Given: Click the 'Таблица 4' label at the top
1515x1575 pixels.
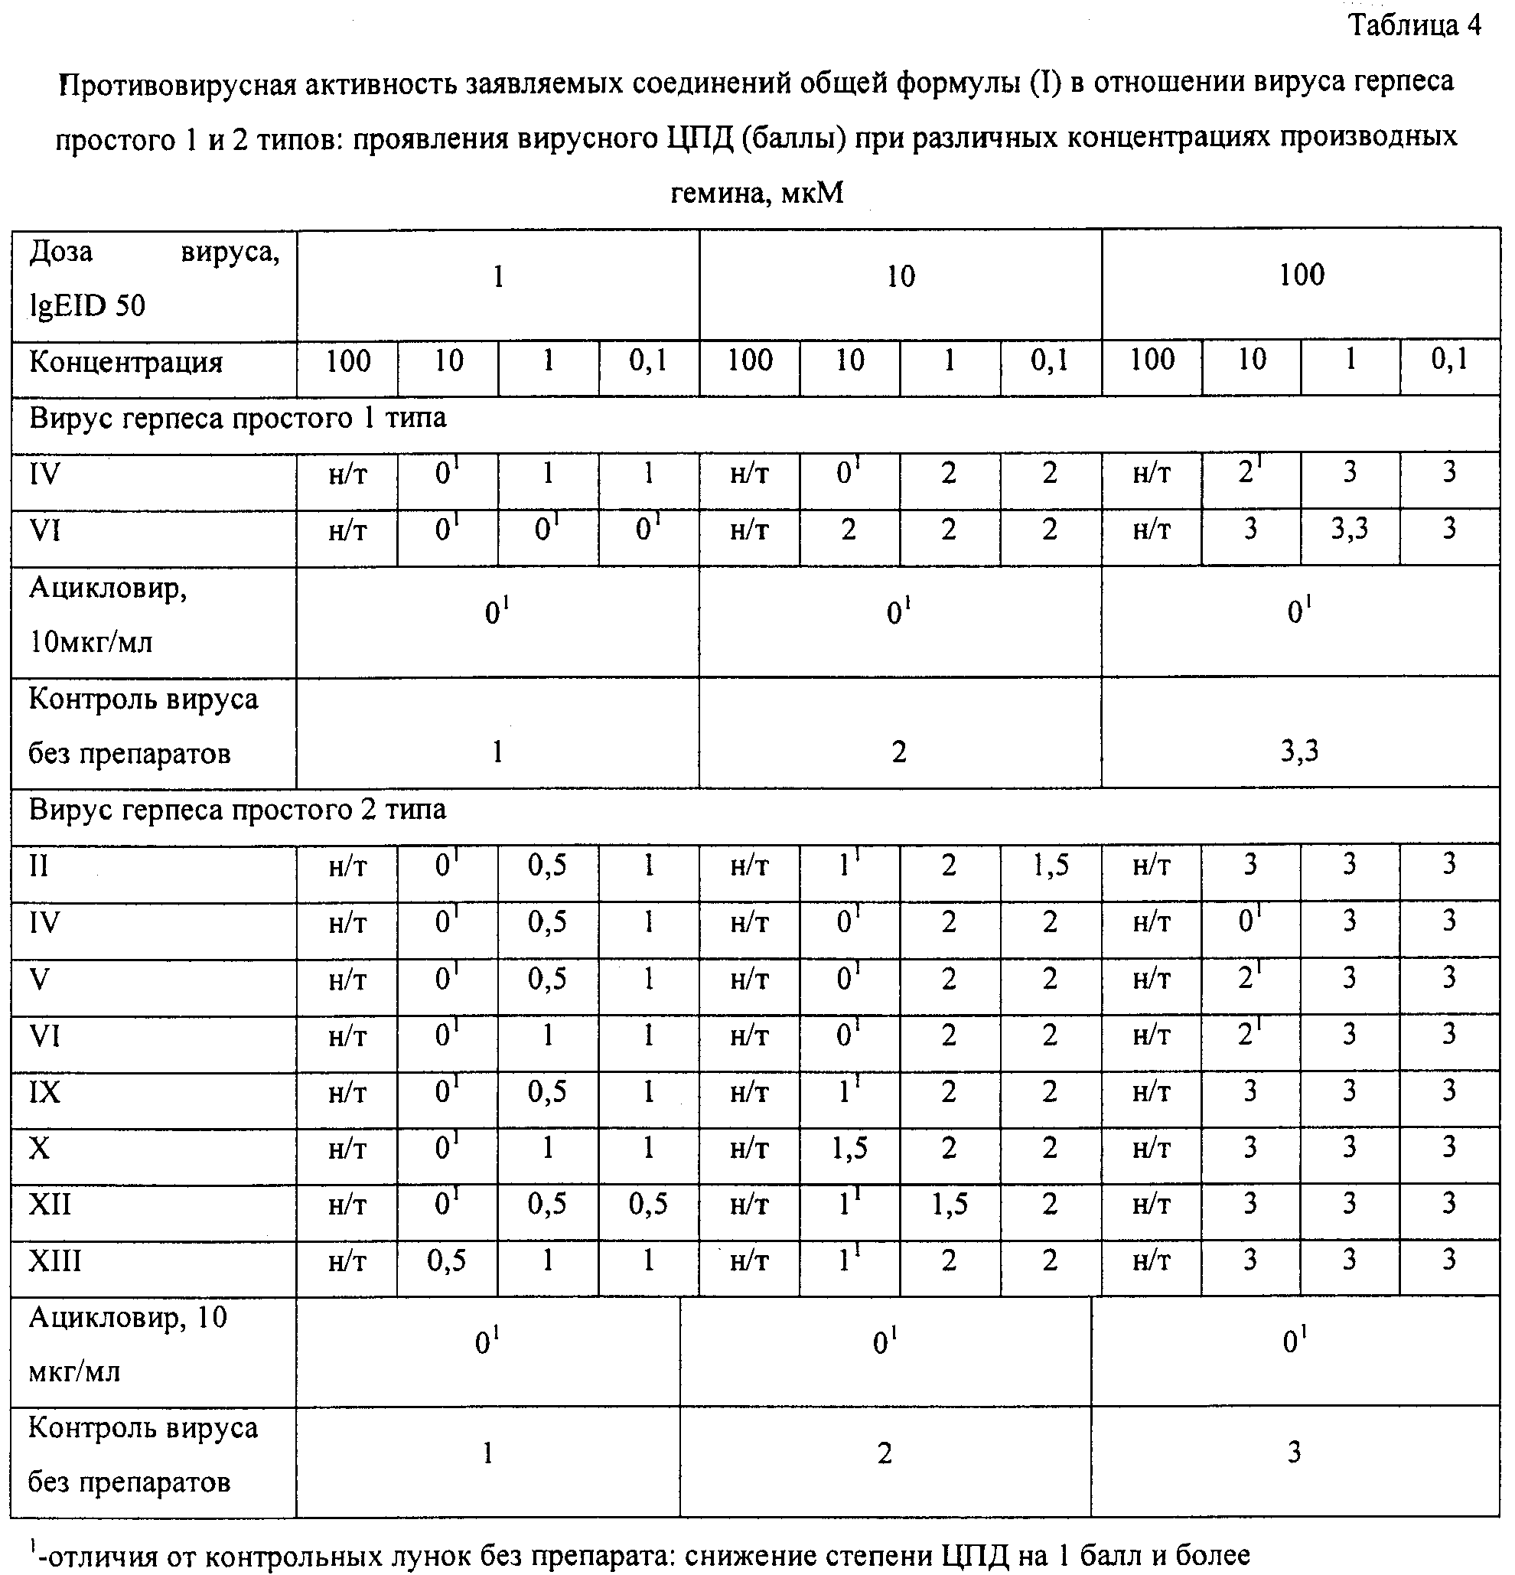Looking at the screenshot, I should click(1415, 26).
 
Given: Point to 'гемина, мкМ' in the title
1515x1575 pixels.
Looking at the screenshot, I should click(757, 193).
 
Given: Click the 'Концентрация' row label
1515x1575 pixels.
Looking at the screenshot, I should click(126, 363).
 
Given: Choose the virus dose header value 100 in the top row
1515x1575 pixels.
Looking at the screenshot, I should click(1302, 275).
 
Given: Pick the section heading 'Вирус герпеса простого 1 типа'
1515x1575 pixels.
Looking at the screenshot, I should click(238, 419).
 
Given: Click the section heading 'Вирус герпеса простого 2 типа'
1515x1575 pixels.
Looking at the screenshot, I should click(238, 809).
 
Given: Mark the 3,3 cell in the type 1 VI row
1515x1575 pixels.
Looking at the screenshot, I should click(1350, 530).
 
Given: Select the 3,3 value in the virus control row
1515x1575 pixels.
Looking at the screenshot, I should click(1299, 752).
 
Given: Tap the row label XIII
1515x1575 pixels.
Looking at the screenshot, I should click(54, 1260).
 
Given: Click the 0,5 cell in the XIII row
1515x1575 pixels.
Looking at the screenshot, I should click(447, 1260).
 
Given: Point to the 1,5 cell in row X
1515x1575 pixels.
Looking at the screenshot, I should click(849, 1148).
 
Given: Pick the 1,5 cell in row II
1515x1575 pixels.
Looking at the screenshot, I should click(1050, 866).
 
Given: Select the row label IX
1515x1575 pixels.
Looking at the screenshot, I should click(44, 1092).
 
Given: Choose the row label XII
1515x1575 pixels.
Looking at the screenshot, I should click(50, 1205).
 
